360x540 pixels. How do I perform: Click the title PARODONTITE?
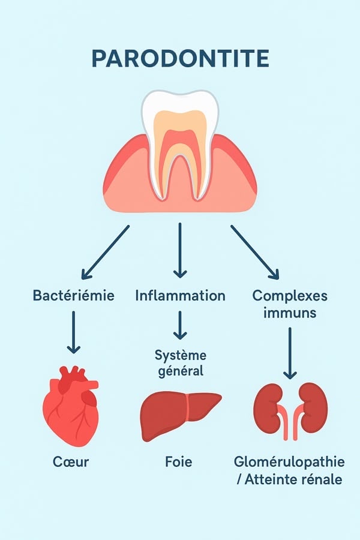coord(180,59)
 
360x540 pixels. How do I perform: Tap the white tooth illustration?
coord(179,138)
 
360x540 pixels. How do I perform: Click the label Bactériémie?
coord(74,296)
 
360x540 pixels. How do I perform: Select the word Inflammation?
coord(180,296)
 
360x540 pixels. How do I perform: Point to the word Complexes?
coord(290,296)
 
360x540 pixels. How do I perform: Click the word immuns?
coord(290,313)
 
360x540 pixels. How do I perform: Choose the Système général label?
coord(179,362)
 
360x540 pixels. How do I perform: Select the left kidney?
coord(268,402)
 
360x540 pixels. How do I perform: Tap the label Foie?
coord(178,462)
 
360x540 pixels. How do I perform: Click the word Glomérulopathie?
coord(290,462)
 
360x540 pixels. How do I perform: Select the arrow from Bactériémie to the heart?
coord(73,331)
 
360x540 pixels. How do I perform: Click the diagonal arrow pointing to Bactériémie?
coord(106,252)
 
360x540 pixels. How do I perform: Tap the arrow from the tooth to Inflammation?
coord(179,249)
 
